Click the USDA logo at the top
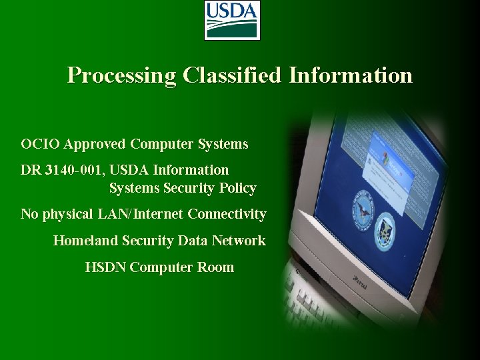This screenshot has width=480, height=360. pyautogui.click(x=232, y=20)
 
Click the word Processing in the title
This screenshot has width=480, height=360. pyautogui.click(x=121, y=75)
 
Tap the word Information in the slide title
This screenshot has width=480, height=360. pyautogui.click(x=351, y=75)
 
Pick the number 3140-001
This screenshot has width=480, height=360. pyautogui.click(x=71, y=170)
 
